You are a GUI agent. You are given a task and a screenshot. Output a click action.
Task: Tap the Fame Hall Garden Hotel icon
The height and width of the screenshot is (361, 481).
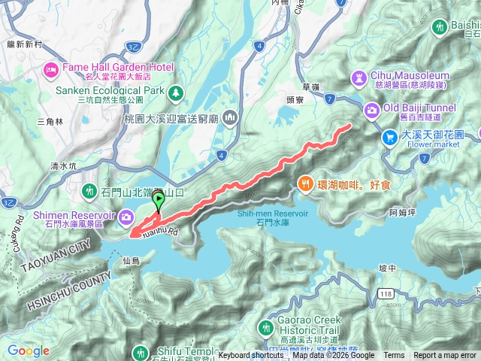coord(51,70)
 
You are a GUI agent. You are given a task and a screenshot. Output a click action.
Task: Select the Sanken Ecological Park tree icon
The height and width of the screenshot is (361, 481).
coord(175,92)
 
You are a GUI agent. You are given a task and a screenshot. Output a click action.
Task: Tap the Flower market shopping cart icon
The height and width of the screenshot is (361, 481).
coord(390,137)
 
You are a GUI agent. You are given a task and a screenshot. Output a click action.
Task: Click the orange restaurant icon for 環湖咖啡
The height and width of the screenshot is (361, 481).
coord(305,182)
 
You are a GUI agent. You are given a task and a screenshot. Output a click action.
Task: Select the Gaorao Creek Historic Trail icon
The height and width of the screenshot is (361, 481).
coord(265,328)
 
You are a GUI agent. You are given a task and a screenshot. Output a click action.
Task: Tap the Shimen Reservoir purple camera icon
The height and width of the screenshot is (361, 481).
coord(126,217)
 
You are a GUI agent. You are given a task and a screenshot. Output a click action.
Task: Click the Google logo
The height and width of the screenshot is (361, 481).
coord(28,350)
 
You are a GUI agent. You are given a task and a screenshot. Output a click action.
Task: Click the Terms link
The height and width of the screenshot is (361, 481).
coord(394,356)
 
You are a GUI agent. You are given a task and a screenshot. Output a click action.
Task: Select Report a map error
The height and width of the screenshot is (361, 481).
coord(445,356)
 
